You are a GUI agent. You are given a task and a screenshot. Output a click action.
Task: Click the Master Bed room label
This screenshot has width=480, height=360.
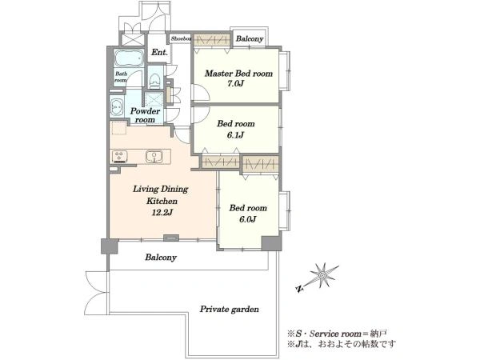238,74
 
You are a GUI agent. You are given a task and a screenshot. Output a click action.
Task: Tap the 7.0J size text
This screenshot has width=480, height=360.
235,83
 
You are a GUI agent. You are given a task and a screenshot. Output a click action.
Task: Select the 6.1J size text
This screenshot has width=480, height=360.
235,134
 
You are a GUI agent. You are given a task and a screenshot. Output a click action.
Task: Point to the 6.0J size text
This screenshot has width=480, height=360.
247,219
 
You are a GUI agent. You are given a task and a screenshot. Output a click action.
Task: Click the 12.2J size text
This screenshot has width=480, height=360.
162,212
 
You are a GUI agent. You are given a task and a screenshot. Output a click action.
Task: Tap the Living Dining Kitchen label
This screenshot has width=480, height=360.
161,195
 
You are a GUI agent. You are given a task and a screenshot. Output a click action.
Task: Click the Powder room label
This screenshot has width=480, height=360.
145,115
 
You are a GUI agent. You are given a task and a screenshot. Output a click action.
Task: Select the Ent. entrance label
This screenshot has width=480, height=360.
159,52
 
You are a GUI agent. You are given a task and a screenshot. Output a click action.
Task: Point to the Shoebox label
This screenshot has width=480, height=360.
181,38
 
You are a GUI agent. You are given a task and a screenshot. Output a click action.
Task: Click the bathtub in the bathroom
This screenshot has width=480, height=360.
129,58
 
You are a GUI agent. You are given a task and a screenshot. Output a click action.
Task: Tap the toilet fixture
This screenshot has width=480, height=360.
154,79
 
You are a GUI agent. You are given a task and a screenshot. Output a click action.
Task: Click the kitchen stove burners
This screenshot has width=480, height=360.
119,156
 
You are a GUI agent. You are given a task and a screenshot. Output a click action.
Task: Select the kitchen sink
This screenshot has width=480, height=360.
154,157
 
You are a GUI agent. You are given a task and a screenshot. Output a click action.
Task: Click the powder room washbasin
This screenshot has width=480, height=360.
116,107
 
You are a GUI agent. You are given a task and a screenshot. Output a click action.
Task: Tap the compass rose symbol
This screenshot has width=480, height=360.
322,276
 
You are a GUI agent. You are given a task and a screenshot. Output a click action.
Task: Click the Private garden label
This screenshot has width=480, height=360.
230,309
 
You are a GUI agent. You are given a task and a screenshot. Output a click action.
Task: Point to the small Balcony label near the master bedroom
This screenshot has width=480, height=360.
250,39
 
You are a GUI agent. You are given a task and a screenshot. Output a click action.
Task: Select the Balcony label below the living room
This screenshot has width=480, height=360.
161,258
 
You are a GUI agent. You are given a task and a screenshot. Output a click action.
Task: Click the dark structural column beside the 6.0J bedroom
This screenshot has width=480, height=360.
271,243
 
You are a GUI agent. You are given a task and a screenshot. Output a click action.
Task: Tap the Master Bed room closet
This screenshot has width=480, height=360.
212,40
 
